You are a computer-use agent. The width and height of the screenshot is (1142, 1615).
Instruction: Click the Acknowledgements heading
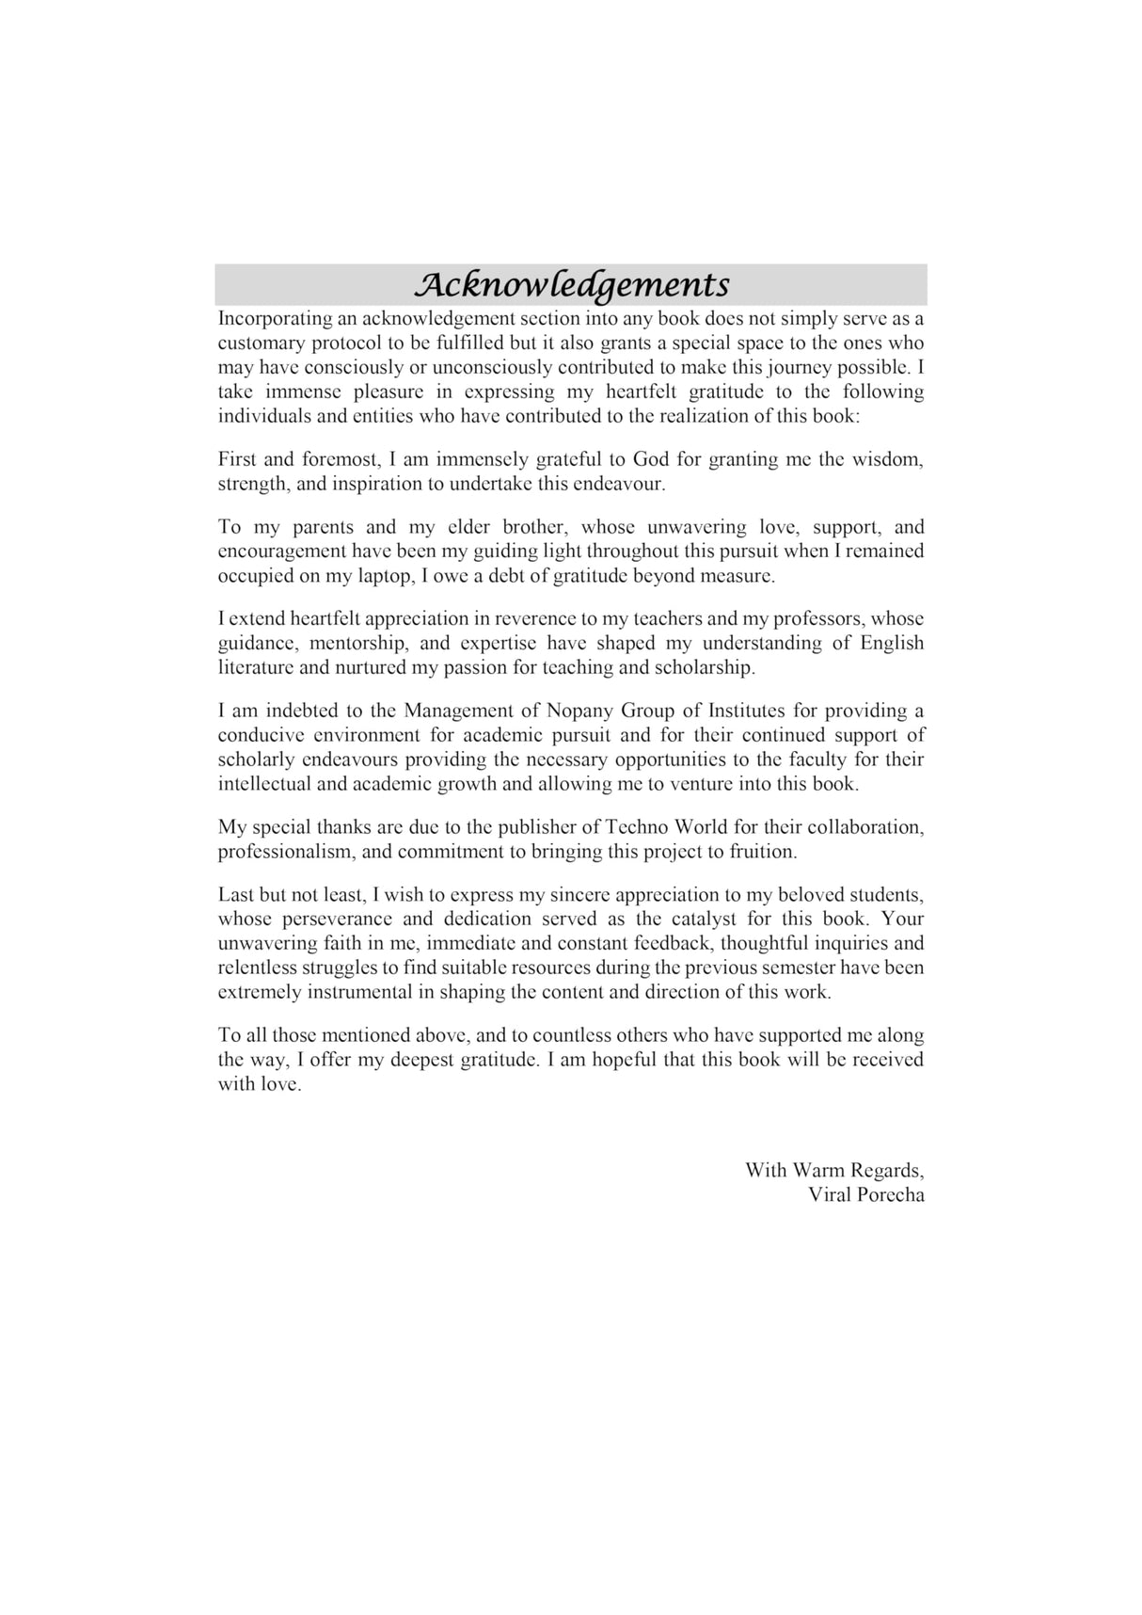coord(571,284)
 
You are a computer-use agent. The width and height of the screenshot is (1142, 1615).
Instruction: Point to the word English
coord(892,644)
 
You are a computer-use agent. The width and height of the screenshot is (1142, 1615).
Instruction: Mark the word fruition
coord(763,853)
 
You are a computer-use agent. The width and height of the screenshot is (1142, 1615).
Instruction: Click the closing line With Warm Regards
coord(834,1171)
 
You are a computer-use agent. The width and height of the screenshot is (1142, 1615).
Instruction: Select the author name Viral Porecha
coord(865,1195)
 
